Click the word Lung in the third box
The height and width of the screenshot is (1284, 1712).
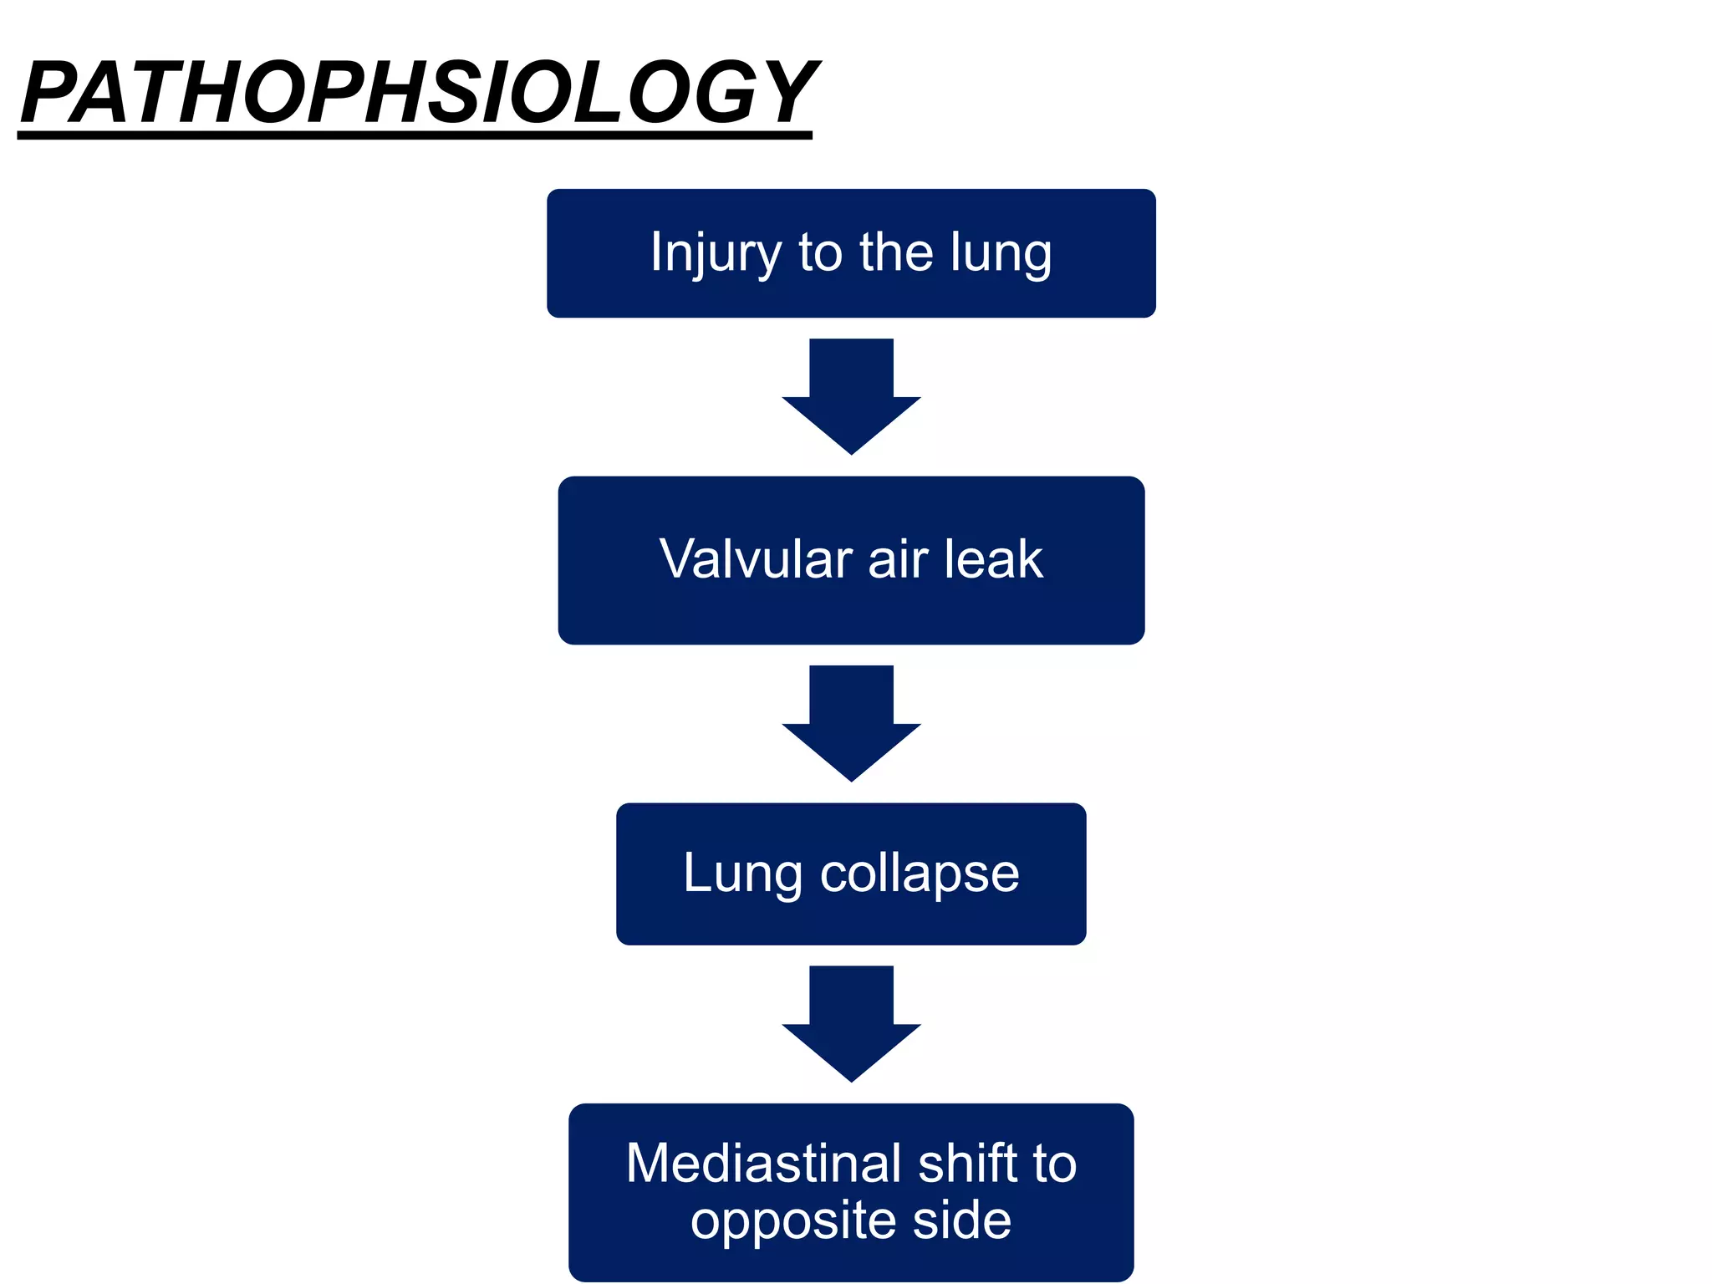pyautogui.click(x=742, y=874)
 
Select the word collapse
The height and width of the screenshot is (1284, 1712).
pyautogui.click(x=920, y=874)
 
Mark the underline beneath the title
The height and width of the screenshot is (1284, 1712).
pyautogui.click(x=415, y=135)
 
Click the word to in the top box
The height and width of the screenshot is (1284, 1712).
pyautogui.click(x=821, y=252)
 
